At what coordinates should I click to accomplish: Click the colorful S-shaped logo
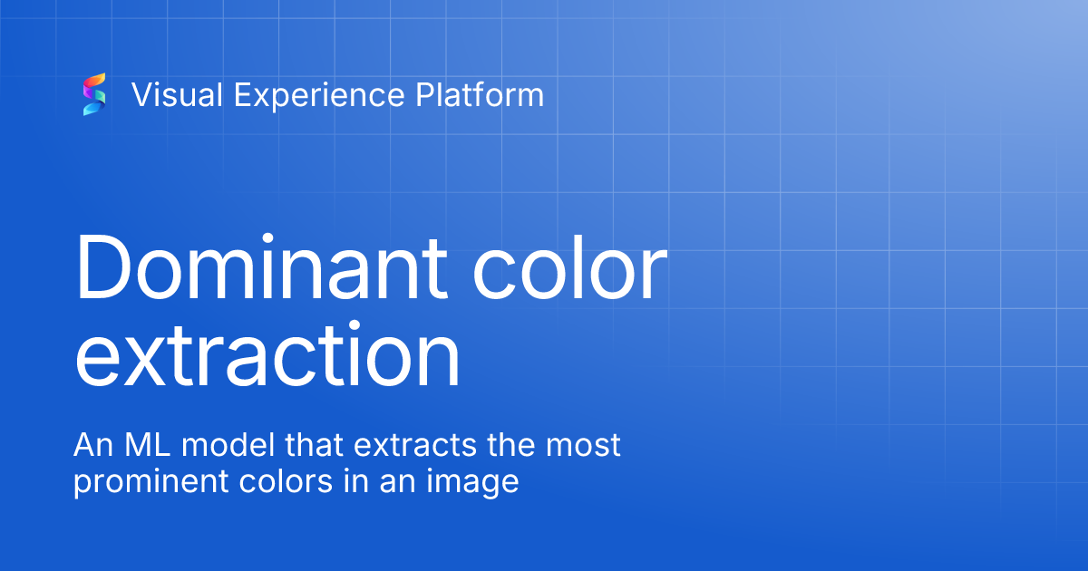94,94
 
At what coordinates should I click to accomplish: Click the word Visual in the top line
178,94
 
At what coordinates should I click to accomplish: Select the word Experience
319,96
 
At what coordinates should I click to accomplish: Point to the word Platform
480,94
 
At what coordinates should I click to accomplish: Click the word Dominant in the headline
261,267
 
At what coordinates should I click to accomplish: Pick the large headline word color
569,267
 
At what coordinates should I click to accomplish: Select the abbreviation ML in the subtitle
147,445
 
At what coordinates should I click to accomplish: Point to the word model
228,445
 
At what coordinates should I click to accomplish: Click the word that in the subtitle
315,445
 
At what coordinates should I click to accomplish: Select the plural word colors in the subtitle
286,481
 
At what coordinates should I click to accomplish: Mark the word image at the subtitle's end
472,482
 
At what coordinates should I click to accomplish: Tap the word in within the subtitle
356,481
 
